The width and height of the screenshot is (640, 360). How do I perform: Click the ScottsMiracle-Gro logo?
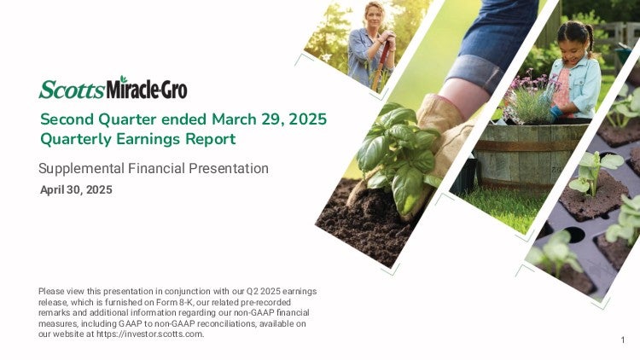[113, 87]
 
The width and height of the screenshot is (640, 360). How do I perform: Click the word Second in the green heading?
[67, 119]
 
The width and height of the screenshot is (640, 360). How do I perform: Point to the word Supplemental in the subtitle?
[81, 169]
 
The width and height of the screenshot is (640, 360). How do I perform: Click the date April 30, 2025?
[76, 189]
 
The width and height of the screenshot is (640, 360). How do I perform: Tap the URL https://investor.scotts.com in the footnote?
[149, 334]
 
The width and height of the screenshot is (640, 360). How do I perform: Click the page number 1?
[623, 340]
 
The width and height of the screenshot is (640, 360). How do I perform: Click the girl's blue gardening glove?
[556, 113]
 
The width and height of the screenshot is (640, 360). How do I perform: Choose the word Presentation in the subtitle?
[230, 169]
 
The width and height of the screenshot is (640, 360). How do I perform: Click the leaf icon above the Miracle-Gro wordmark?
[123, 78]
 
